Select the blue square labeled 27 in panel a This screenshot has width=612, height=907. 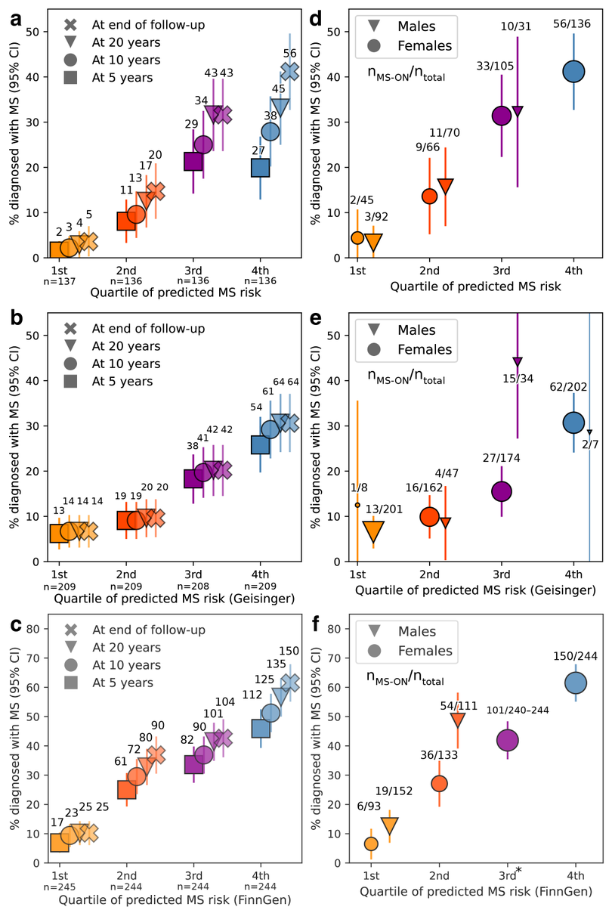click(261, 167)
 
